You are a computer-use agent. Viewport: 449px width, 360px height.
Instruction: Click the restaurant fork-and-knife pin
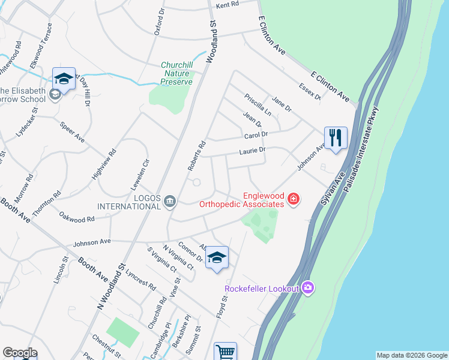click(x=336, y=137)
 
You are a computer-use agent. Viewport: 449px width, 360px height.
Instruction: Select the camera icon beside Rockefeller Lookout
click(x=309, y=289)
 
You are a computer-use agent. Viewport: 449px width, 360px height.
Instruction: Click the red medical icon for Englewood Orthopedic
click(x=294, y=199)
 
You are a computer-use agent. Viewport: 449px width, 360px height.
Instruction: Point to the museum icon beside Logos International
click(x=170, y=201)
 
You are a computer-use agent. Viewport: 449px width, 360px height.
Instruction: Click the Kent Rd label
click(x=227, y=4)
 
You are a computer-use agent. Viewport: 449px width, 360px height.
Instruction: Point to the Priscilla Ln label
click(x=258, y=104)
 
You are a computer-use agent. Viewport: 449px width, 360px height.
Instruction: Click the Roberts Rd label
click(x=197, y=155)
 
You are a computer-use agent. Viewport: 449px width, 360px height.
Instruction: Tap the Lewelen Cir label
click(x=144, y=174)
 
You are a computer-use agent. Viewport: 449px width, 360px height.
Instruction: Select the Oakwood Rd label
click(x=76, y=217)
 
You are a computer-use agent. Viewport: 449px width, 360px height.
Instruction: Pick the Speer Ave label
click(x=72, y=133)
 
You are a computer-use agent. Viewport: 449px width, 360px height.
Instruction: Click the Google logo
click(x=20, y=353)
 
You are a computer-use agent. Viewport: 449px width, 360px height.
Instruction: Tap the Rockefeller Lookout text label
click(x=262, y=289)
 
